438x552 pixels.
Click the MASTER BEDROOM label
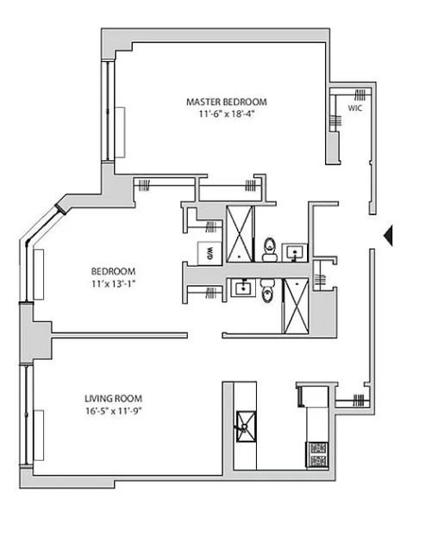pyautogui.click(x=226, y=102)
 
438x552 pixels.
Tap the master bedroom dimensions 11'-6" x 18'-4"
pyautogui.click(x=226, y=115)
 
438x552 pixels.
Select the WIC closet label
pyautogui.click(x=355, y=109)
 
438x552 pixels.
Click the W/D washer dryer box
pyautogui.click(x=210, y=253)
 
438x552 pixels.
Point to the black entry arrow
pyautogui.click(x=388, y=235)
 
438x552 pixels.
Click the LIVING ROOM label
pyautogui.click(x=113, y=399)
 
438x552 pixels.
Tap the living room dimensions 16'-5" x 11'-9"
pyautogui.click(x=113, y=411)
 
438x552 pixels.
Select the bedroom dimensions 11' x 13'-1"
pyautogui.click(x=114, y=283)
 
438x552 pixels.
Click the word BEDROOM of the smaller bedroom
pyautogui.click(x=113, y=271)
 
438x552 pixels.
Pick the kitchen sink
pyautogui.click(x=246, y=426)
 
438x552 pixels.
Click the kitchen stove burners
pyautogui.click(x=318, y=455)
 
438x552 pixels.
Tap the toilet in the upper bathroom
pyautogui.click(x=270, y=250)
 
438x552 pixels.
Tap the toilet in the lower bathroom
pyautogui.click(x=266, y=291)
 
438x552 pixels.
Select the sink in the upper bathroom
pyautogui.click(x=295, y=252)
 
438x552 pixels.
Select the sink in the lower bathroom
pyautogui.click(x=243, y=288)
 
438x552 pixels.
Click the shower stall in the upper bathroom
pyautogui.click(x=240, y=234)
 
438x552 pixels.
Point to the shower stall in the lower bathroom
pyautogui.click(x=297, y=306)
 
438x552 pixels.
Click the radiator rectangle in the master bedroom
pyautogui.click(x=120, y=133)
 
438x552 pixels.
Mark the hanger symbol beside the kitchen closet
pyautogui.click(x=359, y=400)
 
